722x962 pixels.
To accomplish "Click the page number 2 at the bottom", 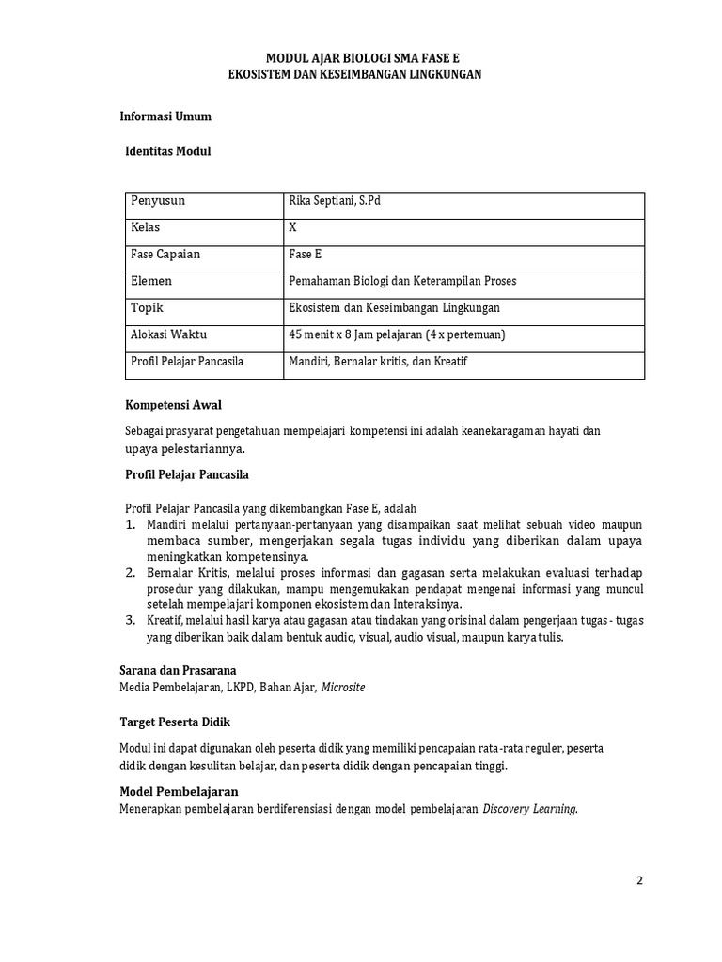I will coord(640,880).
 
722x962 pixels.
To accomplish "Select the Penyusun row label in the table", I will coord(158,201).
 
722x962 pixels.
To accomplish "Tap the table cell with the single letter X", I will coord(293,227).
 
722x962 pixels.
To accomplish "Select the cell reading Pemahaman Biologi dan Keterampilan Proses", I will coord(402,281).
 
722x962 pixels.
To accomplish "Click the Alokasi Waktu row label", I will coord(169,334).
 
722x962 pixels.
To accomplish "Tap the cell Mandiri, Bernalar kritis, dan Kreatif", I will coord(379,361).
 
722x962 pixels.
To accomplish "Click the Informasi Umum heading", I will coord(165,116).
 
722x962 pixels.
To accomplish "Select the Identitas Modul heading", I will coord(168,150).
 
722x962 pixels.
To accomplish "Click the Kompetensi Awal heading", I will coord(173,404).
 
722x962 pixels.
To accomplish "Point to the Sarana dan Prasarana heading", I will coord(183,671).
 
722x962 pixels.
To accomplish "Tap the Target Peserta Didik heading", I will coord(175,721).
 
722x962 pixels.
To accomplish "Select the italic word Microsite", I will coord(343,687).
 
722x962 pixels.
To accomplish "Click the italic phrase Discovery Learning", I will coord(529,808).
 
